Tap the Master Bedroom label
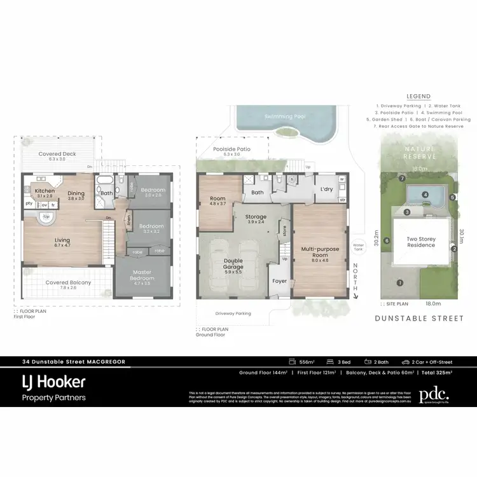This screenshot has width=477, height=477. (142, 275)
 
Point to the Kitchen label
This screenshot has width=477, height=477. (45, 191)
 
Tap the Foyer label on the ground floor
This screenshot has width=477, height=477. (279, 281)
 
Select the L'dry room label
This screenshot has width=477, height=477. (327, 190)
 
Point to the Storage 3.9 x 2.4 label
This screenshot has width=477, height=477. (256, 219)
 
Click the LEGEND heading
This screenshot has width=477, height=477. (418, 97)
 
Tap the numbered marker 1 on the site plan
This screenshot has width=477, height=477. (400, 282)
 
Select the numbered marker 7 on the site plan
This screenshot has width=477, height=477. (402, 179)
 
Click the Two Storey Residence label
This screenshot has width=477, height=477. (420, 242)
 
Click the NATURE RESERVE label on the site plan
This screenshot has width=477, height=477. (418, 152)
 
